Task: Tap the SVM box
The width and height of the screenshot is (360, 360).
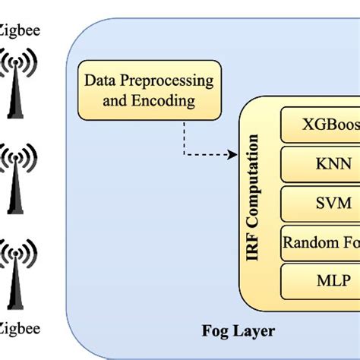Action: pos(320,204)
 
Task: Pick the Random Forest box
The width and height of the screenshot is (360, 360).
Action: pos(320,242)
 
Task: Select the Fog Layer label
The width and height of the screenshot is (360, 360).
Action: pos(238,330)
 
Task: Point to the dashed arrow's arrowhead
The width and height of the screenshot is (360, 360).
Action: pos(232,154)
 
